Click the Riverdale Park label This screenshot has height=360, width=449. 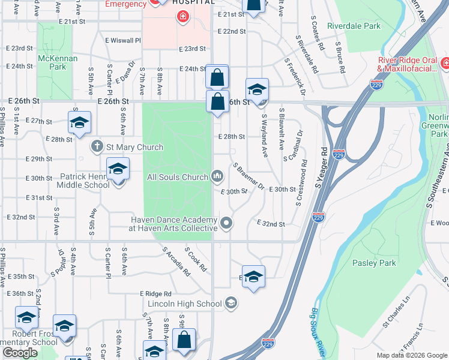(354, 26)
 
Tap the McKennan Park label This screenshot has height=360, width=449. (52, 62)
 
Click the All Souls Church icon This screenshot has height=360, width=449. (217, 176)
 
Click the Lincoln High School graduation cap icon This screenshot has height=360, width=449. (231, 304)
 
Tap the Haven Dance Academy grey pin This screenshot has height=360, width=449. (226, 224)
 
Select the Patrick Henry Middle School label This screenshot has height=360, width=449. (85, 181)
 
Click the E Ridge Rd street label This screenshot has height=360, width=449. (155, 293)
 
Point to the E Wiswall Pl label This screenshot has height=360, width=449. (122, 41)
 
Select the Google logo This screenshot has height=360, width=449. (20, 353)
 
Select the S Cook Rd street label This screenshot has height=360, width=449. (196, 258)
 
